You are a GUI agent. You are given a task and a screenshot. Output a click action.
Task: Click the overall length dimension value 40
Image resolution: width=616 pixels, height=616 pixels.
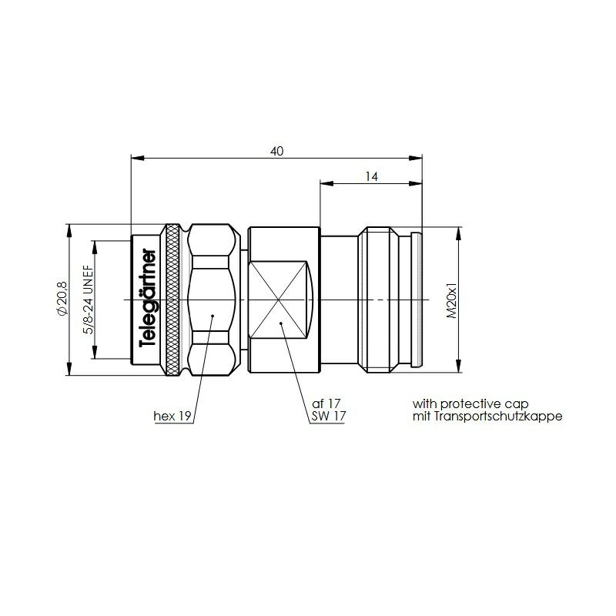(276, 151)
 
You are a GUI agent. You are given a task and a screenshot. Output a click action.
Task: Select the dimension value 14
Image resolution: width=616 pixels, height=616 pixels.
(371, 177)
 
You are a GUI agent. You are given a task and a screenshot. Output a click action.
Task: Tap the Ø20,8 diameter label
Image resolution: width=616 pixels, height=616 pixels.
(63, 299)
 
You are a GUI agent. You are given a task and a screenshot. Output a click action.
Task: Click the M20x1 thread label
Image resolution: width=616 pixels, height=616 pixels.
(452, 300)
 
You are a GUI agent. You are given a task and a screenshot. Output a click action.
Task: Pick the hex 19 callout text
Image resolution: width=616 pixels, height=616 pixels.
(172, 416)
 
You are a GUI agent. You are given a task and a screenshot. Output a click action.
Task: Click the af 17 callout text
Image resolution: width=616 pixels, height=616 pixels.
(326, 403)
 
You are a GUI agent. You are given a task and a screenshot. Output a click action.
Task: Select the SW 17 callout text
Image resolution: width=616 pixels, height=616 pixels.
(329, 416)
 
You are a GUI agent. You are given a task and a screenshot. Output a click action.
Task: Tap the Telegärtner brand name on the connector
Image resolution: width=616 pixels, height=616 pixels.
(148, 298)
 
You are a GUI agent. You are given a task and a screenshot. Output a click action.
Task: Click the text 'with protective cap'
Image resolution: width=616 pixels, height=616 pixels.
(470, 403)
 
